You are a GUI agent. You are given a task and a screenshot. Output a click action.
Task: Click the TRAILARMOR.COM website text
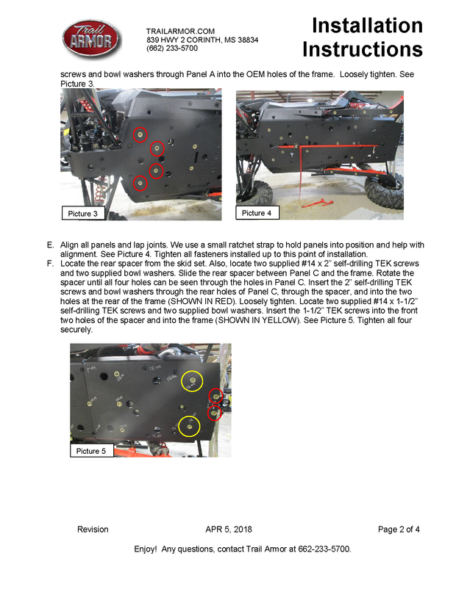[180, 31]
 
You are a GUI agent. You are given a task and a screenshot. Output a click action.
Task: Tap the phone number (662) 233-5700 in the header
[172, 48]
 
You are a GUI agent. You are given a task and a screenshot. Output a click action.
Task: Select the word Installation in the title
[367, 26]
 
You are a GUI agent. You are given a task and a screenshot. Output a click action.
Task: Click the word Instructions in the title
[363, 49]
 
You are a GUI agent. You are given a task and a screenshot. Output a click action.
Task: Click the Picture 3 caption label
[83, 214]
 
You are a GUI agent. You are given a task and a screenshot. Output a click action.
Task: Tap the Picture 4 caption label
[257, 213]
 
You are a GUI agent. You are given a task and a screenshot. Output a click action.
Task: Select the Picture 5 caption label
[92, 451]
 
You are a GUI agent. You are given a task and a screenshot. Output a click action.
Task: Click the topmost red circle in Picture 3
[140, 134]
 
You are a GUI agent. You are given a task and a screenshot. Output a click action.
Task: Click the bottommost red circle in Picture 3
[140, 184]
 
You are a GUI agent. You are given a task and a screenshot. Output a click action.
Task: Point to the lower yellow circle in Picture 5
[189, 426]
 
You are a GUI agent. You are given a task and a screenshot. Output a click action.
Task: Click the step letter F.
[50, 262]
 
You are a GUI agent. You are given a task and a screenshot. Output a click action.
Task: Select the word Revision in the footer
[93, 530]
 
